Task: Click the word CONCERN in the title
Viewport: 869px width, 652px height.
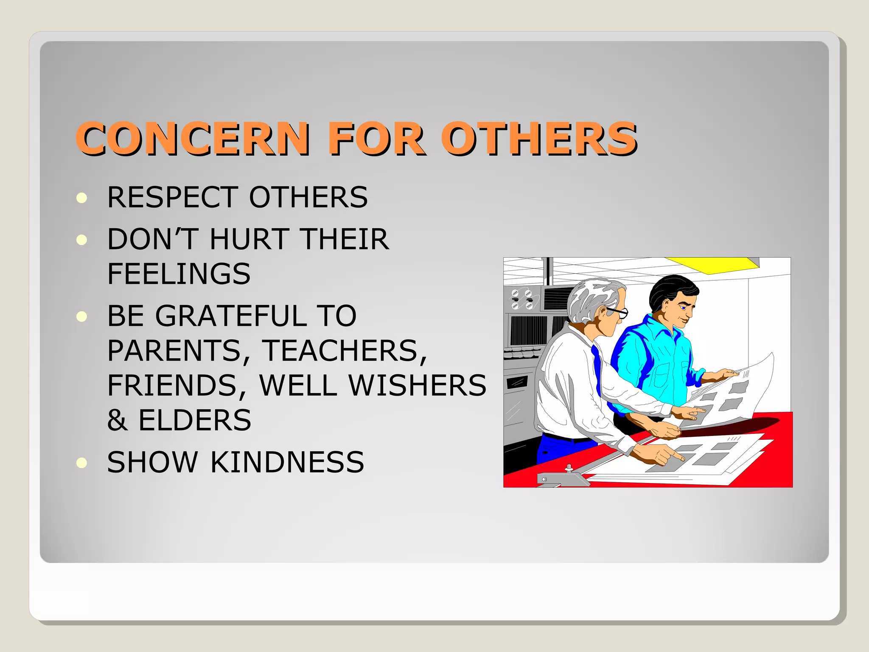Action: pos(193,138)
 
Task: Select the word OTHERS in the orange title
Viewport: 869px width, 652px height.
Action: pos(539,138)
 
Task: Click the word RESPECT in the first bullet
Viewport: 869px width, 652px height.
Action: pos(172,197)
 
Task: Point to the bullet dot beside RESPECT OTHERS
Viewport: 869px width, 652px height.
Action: pos(82,198)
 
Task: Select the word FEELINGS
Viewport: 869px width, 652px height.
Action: pos(179,274)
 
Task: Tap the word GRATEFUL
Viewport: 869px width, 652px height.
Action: pos(231,316)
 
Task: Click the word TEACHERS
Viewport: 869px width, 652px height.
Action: pos(344,351)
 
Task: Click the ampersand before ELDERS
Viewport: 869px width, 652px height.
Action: pos(117,421)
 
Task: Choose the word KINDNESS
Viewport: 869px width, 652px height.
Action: pos(287,462)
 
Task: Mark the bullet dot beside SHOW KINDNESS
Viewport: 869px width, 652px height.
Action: pos(82,462)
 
